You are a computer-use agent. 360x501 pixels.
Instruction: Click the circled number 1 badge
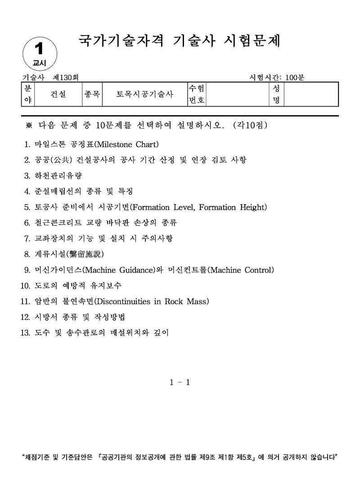[x=40, y=53]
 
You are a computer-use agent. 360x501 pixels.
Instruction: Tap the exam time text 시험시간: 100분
[x=277, y=77]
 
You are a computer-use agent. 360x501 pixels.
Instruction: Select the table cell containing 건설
[x=57, y=94]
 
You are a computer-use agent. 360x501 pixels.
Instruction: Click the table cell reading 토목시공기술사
[x=144, y=94]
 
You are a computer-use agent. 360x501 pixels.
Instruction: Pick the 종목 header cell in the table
[x=92, y=94]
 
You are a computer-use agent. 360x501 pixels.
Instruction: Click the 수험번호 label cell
[x=196, y=94]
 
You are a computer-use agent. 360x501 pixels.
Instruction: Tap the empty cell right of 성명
[x=311, y=94]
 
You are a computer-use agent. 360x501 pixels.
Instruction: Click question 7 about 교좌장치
[x=103, y=238]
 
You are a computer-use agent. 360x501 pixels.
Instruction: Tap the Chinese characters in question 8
[x=85, y=254]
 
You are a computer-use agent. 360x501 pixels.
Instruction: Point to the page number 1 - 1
[x=180, y=382]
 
